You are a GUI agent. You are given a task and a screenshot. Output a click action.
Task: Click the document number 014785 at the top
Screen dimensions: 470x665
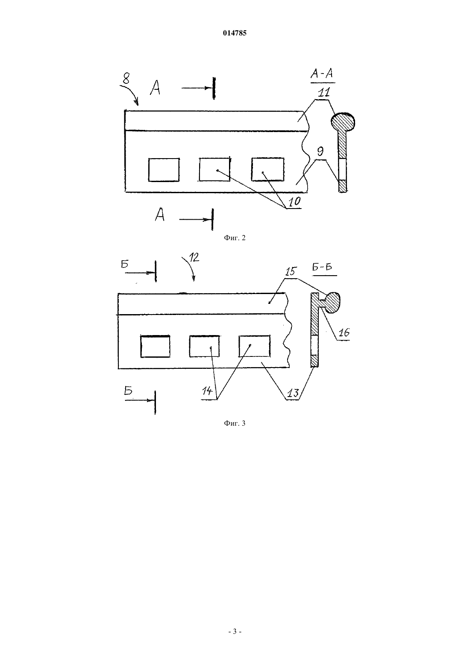(235, 33)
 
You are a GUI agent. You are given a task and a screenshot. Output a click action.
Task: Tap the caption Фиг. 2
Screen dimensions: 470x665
(235, 238)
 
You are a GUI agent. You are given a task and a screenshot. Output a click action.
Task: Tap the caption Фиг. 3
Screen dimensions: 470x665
(235, 424)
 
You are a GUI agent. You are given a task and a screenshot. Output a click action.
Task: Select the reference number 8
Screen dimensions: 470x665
(126, 79)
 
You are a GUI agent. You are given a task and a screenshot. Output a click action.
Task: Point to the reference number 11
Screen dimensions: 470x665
(324, 93)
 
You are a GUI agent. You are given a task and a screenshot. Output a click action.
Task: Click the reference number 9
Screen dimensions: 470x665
(320, 152)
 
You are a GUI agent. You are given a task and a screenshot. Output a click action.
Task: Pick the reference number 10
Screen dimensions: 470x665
(294, 202)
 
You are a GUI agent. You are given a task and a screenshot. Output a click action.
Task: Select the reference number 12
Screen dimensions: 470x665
(194, 257)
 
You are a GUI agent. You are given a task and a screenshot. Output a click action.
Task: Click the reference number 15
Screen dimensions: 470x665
(291, 271)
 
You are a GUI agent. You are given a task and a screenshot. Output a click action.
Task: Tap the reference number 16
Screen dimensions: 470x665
(344, 332)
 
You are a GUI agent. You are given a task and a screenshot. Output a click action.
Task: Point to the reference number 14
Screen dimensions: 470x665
(207, 391)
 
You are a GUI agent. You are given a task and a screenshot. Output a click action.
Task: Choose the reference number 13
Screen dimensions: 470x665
(293, 393)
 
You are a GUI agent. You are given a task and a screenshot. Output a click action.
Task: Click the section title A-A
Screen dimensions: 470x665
(323, 74)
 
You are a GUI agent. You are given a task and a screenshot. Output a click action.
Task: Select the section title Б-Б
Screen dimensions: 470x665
(322, 267)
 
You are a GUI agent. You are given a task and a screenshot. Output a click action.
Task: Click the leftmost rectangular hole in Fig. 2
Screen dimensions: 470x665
(164, 170)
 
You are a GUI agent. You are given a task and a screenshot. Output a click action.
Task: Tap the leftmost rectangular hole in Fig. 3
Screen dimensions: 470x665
(155, 346)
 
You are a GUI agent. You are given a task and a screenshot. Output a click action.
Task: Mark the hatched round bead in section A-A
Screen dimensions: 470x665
(343, 122)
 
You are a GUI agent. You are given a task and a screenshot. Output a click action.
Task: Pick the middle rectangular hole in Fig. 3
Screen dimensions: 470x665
(204, 346)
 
